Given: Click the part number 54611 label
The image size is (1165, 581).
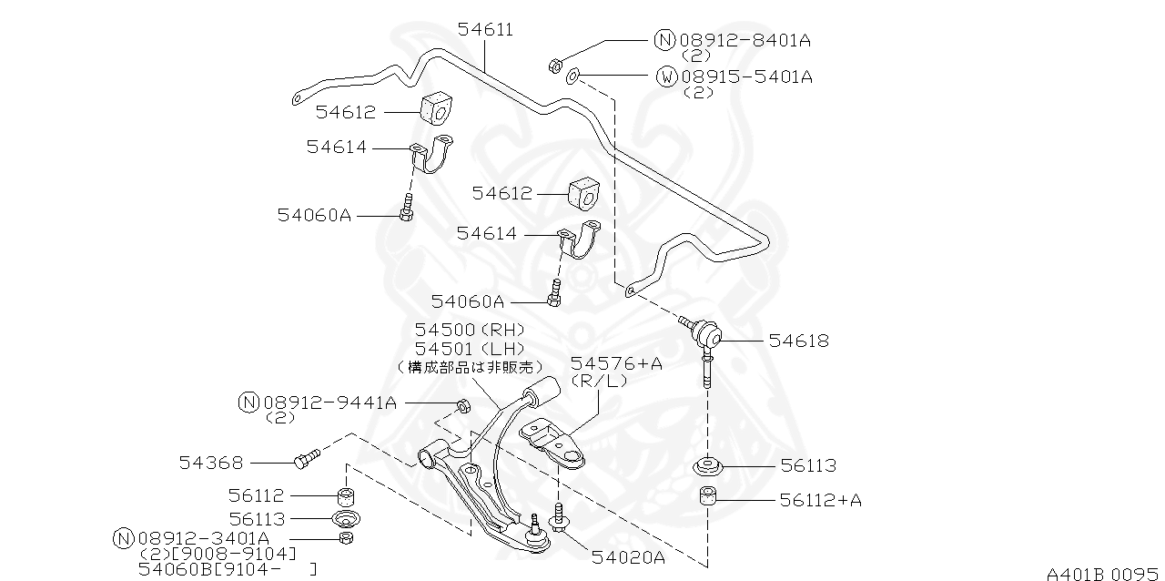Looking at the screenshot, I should [485, 29].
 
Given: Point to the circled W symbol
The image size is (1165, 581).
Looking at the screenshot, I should [666, 76].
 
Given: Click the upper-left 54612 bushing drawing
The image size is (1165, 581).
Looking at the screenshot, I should [436, 108].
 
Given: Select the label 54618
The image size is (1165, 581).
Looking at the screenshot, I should [798, 341].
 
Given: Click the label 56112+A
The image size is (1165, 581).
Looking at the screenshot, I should [820, 500].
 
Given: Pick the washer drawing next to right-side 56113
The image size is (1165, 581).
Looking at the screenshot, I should [708, 468].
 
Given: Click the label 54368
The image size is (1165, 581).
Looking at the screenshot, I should [210, 463].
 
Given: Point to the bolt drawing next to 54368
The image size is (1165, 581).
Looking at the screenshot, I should [306, 458].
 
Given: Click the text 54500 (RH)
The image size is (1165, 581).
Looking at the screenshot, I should [470, 330].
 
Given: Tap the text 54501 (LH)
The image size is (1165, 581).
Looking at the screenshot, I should [470, 349].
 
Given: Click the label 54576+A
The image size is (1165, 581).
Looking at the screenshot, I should [616, 363].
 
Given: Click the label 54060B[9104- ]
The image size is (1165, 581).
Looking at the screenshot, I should [228, 569].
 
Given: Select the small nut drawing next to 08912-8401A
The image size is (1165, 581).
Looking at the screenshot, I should [553, 65].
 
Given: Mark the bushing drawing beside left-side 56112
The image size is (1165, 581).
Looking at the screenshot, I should [346, 496].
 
